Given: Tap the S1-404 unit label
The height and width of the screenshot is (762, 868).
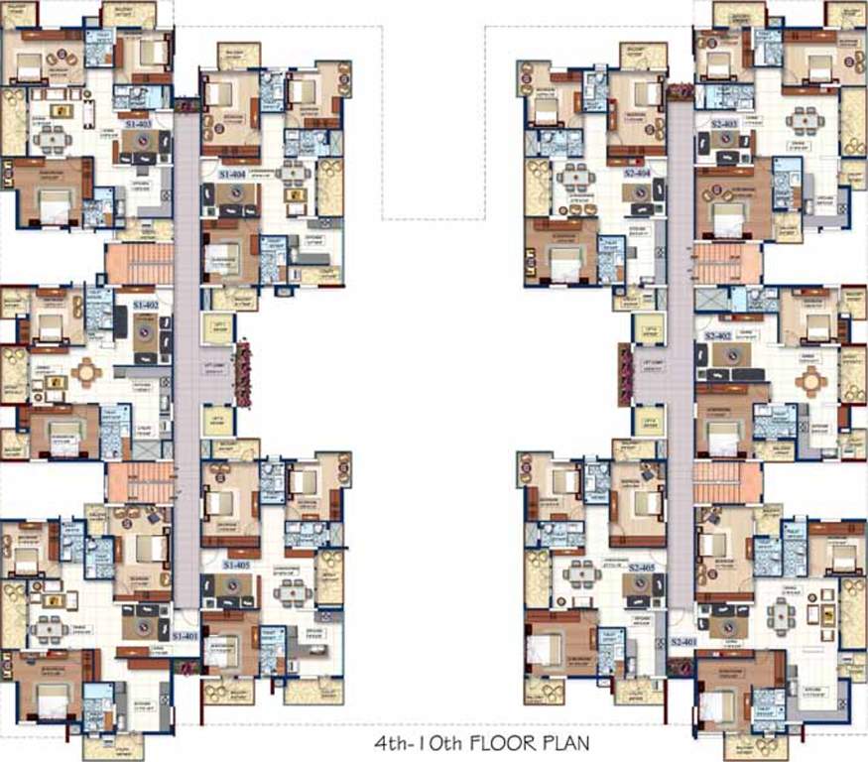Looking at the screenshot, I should point(232,173).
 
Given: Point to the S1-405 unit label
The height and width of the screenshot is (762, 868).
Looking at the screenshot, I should point(236,564).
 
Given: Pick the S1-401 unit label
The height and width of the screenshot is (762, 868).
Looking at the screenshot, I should point(186,635).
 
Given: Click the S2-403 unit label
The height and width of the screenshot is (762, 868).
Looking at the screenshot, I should point(724,123).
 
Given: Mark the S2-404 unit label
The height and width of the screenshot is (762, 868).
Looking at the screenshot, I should point(637,173).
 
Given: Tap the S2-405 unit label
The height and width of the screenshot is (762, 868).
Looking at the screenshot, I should point(641,567).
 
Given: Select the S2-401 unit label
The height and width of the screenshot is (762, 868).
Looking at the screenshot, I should point(682,642).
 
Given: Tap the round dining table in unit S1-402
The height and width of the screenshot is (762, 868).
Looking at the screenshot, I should point(87,372).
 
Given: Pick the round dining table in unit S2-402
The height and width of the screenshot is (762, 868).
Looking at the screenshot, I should point(811,380).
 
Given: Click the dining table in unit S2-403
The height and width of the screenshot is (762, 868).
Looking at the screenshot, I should point(802,122).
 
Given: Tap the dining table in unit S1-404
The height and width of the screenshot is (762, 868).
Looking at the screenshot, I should point(292,177).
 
